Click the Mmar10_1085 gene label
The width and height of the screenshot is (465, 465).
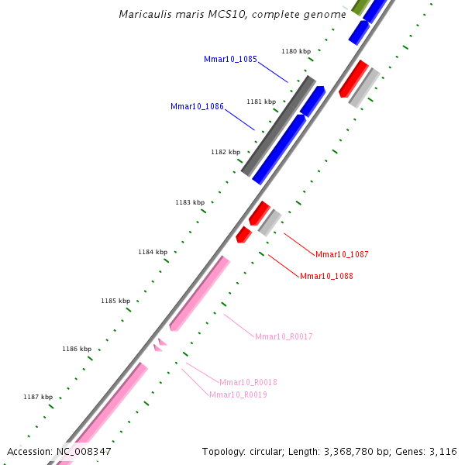(x=231, y=59)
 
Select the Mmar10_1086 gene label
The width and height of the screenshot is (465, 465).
(x=197, y=106)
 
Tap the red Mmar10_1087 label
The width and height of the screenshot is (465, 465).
(x=342, y=254)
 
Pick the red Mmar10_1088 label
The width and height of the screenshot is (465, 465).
(x=326, y=276)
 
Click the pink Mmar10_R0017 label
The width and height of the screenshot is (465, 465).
(x=284, y=336)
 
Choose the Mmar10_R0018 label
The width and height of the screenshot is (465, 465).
(x=248, y=382)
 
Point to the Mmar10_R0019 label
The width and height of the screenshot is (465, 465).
(x=238, y=394)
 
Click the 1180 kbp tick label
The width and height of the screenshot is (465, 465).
(x=296, y=51)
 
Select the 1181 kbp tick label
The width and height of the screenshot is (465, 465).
(x=261, y=102)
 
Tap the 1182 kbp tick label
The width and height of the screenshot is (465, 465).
(x=226, y=152)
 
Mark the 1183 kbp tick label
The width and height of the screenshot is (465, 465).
(x=190, y=202)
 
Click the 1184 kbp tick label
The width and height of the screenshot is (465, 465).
(x=153, y=252)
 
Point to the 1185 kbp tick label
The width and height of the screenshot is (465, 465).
(x=115, y=301)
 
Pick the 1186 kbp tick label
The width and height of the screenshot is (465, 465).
(x=77, y=349)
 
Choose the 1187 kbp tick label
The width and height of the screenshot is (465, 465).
(x=38, y=397)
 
